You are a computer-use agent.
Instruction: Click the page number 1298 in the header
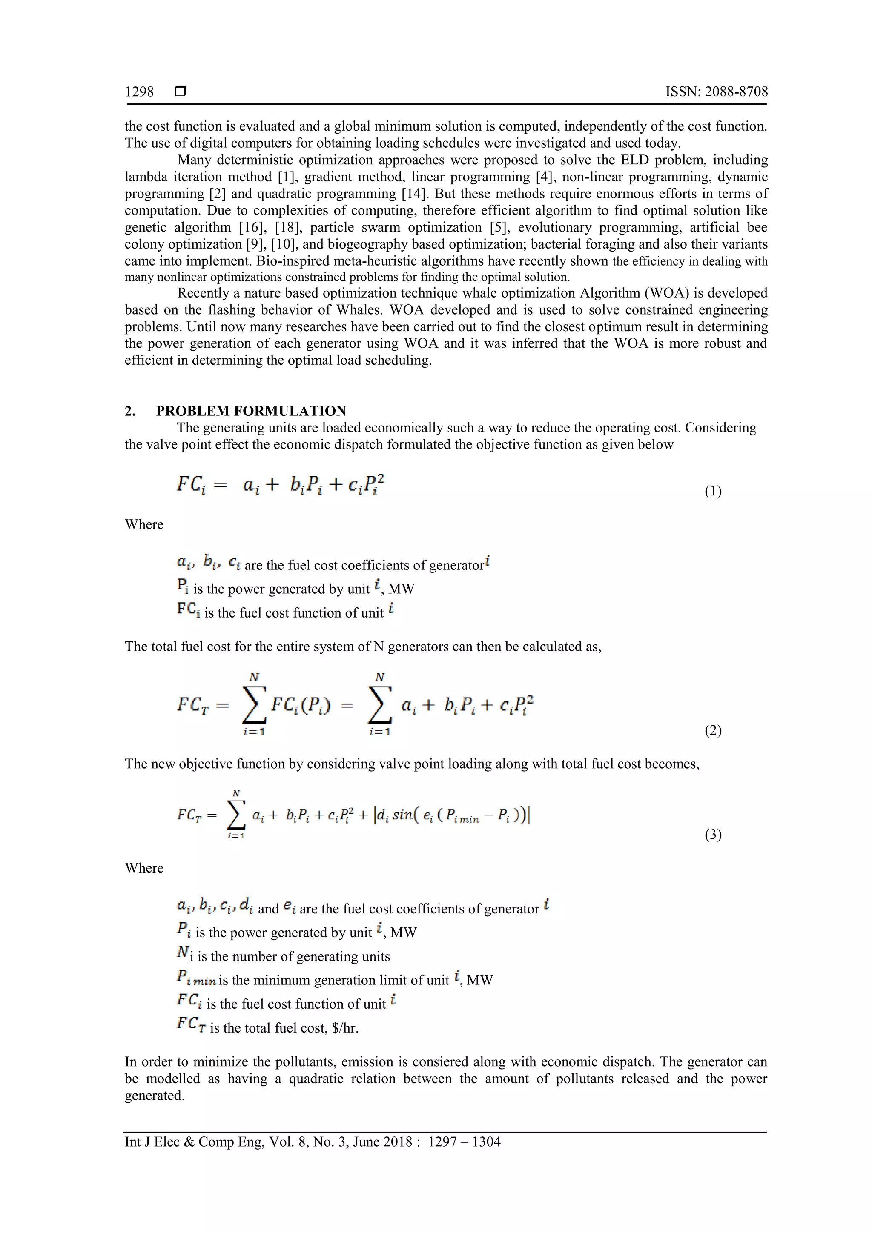(x=139, y=92)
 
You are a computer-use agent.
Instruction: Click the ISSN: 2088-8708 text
(x=716, y=92)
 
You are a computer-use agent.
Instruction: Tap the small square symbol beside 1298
(x=181, y=92)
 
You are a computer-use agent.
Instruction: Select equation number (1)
(x=712, y=492)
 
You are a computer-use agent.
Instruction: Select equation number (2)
(x=712, y=730)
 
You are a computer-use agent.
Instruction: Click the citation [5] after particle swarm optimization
(x=498, y=227)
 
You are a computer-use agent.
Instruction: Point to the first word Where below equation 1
(x=144, y=525)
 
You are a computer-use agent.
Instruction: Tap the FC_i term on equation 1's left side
(x=191, y=485)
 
